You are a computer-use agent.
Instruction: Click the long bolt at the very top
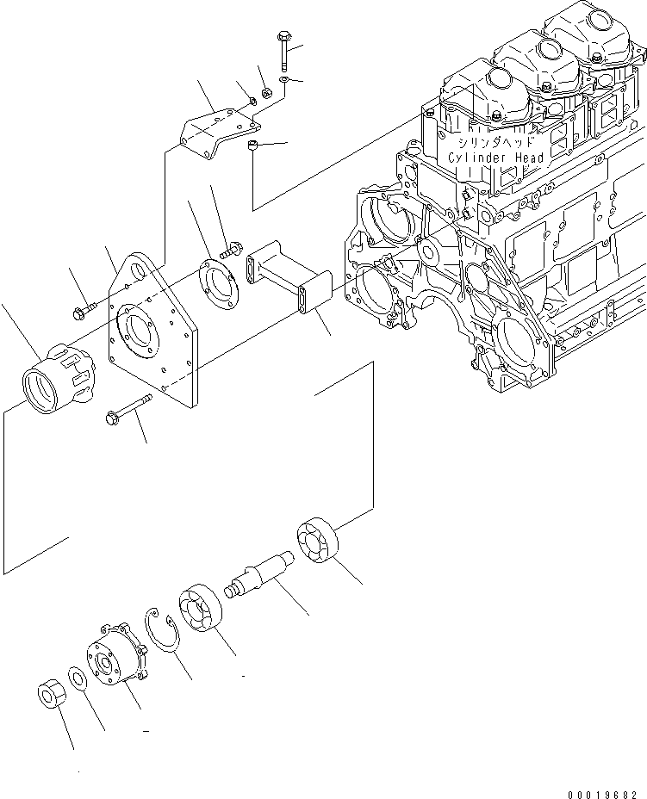pyautogui.click(x=284, y=53)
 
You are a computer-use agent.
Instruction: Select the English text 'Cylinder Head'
pyautogui.click(x=495, y=158)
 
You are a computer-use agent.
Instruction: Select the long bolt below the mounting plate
pyautogui.click(x=128, y=409)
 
